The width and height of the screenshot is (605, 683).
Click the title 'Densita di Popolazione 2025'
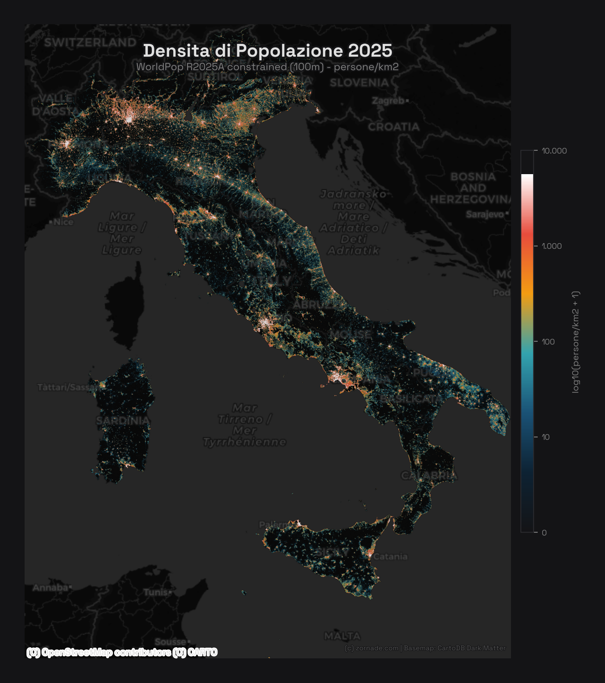click(268, 51)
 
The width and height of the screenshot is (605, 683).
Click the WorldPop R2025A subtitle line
click(268, 67)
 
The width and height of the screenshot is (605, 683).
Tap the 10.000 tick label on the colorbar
click(554, 151)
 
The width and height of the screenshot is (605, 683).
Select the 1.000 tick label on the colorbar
click(552, 246)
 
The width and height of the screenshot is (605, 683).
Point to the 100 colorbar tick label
click(548, 342)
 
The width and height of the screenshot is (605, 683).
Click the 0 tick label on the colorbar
click(544, 533)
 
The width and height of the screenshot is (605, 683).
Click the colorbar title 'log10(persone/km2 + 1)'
click(576, 342)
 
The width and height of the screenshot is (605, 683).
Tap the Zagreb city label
click(388, 101)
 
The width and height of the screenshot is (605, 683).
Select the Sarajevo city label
click(485, 214)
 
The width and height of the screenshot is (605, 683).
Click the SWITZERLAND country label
click(90, 42)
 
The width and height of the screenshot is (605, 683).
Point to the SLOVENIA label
click(359, 83)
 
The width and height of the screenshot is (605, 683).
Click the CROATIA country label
click(394, 127)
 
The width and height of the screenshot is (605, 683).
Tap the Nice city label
click(64, 222)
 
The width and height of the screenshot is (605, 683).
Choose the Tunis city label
click(156, 592)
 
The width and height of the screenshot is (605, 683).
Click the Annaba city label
click(50, 588)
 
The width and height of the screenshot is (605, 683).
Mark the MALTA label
click(342, 636)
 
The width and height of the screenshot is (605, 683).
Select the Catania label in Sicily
click(390, 557)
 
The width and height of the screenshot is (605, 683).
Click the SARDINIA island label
click(123, 421)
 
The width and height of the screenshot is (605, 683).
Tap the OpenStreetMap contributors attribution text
click(122, 652)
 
